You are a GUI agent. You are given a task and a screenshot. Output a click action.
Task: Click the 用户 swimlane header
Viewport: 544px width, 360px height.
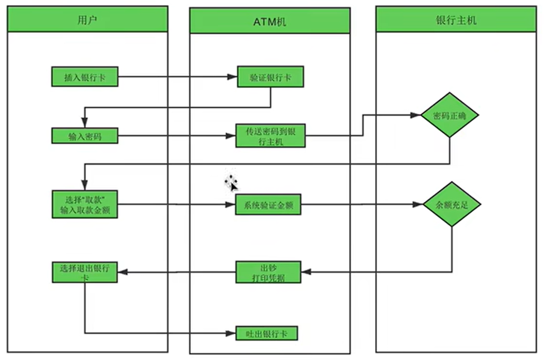pos(87,19)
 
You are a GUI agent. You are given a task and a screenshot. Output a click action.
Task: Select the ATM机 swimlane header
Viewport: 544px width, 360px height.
pos(270,21)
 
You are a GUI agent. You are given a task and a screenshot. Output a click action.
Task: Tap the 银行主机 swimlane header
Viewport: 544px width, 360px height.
pos(456,19)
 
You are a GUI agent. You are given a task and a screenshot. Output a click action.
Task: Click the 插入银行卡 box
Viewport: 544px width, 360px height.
pos(84,76)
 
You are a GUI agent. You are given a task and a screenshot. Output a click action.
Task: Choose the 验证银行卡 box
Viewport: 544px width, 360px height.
pos(270,76)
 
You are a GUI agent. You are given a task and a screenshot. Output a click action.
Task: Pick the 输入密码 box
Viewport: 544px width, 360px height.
pos(84,136)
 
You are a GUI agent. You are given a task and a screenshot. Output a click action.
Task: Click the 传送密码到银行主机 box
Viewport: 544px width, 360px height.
pos(270,136)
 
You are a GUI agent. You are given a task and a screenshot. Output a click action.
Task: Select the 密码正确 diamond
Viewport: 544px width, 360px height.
pos(450,115)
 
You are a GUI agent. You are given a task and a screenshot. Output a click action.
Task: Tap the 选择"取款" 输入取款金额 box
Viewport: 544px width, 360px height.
pos(84,204)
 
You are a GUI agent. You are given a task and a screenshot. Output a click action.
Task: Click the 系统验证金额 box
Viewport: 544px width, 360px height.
pos(268,205)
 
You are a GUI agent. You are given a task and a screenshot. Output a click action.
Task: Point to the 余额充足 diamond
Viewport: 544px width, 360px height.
pos(452,204)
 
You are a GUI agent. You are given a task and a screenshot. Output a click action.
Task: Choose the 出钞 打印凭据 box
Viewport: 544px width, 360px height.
pos(268,272)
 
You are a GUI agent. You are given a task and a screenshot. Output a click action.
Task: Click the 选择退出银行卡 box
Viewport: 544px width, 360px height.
pos(84,272)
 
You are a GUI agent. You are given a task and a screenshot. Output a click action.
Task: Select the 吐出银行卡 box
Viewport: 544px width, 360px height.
pos(266,333)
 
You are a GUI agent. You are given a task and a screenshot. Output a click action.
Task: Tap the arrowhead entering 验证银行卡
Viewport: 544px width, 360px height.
pos(232,76)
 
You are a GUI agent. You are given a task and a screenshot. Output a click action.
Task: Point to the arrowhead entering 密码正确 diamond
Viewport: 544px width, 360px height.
pos(415,115)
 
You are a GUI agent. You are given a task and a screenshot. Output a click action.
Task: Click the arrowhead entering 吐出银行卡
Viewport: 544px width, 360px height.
pos(231,333)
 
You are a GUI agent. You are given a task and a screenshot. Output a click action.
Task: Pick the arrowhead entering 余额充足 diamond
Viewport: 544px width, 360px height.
pos(418,204)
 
